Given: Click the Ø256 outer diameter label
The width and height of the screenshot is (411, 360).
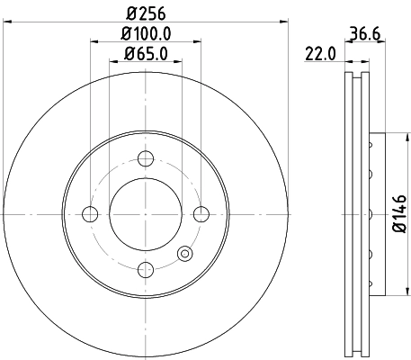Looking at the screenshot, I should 146,14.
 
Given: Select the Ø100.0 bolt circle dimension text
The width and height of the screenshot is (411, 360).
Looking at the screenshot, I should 146,34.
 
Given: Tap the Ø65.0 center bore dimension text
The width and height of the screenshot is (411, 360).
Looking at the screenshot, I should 146,55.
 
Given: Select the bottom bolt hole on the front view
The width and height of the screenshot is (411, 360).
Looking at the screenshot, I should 146,269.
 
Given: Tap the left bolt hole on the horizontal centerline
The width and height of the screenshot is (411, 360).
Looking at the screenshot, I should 90,214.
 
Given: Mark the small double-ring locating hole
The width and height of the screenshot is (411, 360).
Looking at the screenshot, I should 185,254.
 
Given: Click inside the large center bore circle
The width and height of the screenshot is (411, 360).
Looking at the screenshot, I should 146,214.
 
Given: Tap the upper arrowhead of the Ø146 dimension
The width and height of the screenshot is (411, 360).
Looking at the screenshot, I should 386,137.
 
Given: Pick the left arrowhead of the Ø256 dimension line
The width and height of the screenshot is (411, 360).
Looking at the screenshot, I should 6,22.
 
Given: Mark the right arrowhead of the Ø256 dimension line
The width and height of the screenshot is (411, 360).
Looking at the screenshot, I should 285,22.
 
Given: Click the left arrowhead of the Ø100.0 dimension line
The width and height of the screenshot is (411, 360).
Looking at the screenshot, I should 94,41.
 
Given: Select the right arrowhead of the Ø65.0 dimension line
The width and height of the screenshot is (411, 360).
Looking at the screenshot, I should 179,62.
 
